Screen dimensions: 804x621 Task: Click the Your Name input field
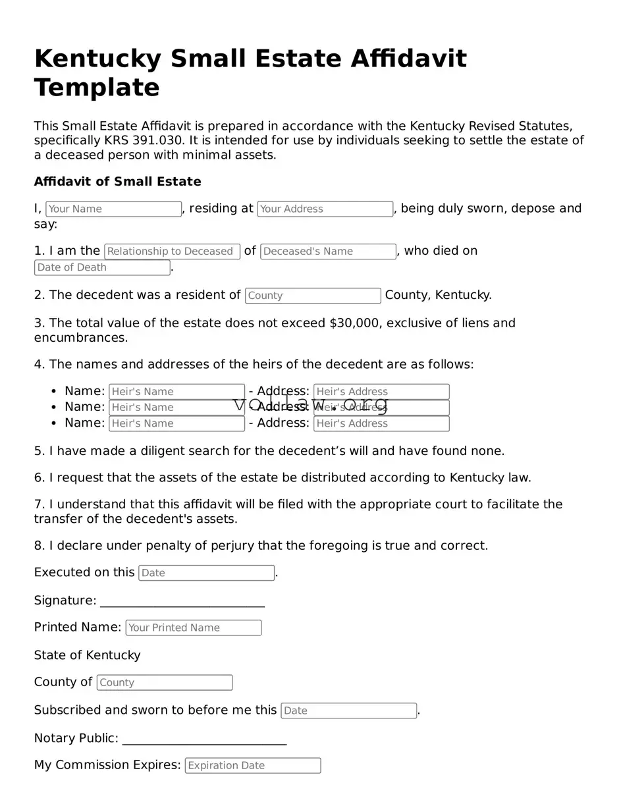coord(113,209)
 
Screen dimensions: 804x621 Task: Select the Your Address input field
coord(325,209)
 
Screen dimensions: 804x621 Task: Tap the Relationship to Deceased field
coord(172,252)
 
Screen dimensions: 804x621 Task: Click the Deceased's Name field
coord(328,252)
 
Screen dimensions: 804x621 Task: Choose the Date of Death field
coord(102,267)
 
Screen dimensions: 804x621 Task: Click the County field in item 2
coord(313,296)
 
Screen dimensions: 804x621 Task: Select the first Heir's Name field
coord(176,392)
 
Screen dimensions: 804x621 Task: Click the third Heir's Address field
coord(381,423)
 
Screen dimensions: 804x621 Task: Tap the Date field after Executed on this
coord(206,573)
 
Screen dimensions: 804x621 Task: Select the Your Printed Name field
coord(194,628)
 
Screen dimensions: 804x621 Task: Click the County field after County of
coord(165,683)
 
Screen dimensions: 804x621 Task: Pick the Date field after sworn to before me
coord(348,710)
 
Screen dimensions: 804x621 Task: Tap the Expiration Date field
coord(253,766)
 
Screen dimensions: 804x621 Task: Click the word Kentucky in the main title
coord(97,59)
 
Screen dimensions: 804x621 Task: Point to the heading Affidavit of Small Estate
coord(117,182)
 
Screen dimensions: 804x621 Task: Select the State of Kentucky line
coord(87,655)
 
